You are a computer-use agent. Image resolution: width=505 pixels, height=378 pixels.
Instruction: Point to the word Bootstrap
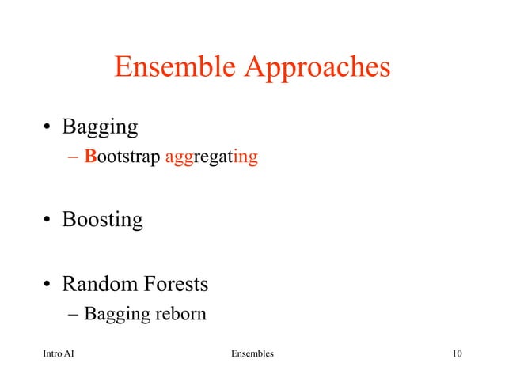tap(123, 158)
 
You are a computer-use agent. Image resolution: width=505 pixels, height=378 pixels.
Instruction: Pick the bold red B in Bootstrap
tap(89, 157)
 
